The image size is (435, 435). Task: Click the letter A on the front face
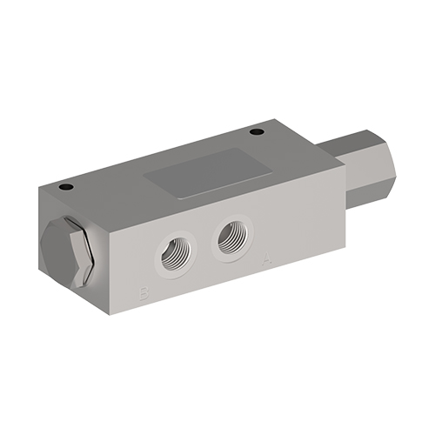tap(265, 258)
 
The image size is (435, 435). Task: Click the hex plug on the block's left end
tap(65, 252)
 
